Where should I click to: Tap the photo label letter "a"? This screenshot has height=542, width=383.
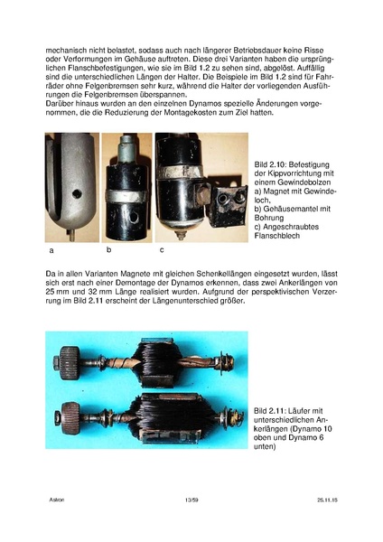point(51,248)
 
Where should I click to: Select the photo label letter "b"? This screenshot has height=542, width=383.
point(108,248)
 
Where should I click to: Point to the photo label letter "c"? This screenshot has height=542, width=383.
point(162,248)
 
